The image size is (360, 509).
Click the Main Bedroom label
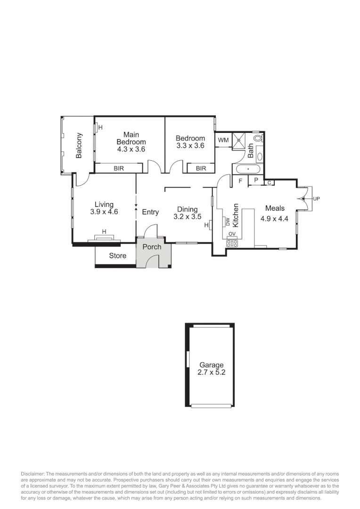coord(131,138)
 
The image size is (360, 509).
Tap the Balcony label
coord(79,146)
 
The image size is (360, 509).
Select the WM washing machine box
coord(223,140)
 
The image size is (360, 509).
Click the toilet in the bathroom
coord(258,139)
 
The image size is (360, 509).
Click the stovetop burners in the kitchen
coord(232,244)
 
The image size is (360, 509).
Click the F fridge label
coord(240,181)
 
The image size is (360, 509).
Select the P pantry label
coord(256,180)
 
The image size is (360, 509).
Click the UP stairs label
coord(316,199)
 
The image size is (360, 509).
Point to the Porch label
coord(152,247)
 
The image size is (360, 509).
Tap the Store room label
coord(117,255)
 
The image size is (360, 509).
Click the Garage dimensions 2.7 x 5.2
coord(211,372)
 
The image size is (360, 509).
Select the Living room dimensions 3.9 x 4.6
coord(104,212)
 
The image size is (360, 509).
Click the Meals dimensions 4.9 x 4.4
coord(274,218)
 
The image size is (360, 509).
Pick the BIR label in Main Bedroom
coord(118,168)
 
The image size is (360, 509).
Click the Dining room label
coord(187,209)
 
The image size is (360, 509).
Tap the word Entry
coord(150,212)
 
